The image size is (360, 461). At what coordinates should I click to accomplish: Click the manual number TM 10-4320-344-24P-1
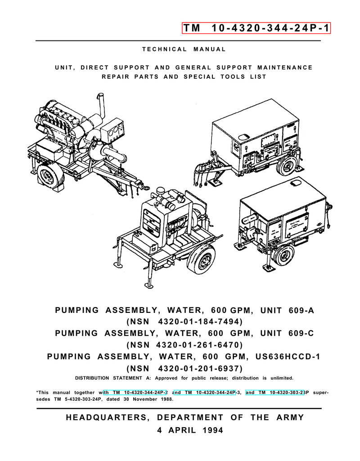point(256,28)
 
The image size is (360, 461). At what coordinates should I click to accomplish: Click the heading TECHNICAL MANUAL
point(184,50)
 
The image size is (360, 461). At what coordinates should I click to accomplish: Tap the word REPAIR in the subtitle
point(116,77)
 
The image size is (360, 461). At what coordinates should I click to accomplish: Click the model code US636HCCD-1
point(288,357)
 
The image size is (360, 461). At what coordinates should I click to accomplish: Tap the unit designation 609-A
point(301,311)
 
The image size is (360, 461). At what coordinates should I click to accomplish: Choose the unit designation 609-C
point(301,334)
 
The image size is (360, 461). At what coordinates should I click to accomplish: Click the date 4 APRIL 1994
point(190,430)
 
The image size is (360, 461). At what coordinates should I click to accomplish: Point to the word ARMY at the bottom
point(290,417)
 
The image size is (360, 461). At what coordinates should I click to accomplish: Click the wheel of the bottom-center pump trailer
point(201,259)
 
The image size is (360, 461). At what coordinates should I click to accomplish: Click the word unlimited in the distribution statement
point(282,378)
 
